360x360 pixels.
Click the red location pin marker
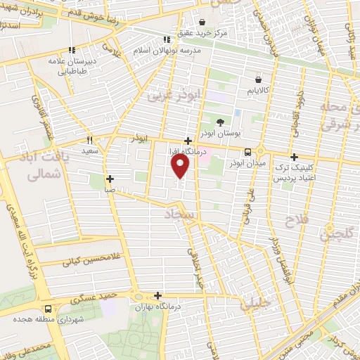181,166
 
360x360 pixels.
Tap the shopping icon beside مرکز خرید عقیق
202,22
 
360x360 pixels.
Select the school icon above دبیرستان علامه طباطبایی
72,51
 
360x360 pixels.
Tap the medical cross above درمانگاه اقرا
188,141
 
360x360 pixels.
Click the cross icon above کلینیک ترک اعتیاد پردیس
294,157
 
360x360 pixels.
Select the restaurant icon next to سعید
89,140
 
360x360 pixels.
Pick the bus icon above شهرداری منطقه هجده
48,309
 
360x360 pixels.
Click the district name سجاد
179,212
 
